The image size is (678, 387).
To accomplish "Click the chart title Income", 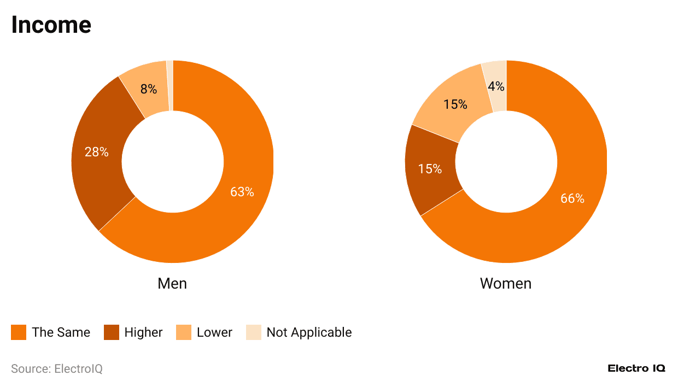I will click(x=51, y=25).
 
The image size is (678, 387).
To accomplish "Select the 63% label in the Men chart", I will click(x=242, y=192).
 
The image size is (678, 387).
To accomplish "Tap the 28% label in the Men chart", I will click(x=96, y=152).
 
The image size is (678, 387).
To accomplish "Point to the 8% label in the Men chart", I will click(x=148, y=89).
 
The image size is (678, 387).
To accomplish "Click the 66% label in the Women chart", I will click(x=572, y=198).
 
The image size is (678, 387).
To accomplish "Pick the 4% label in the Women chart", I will click(x=496, y=86).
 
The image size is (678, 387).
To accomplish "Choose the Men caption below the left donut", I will click(x=172, y=283).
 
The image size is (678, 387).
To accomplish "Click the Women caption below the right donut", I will click(x=505, y=283).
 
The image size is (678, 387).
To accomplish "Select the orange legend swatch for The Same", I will click(x=19, y=332).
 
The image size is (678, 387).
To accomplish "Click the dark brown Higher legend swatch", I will click(x=112, y=332).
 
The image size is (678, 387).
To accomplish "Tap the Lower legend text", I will click(x=214, y=332).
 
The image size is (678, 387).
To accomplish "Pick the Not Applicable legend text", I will click(x=309, y=332).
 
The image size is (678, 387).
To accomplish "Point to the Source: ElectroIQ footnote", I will click(x=57, y=369).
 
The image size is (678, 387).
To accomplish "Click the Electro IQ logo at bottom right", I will click(x=636, y=368).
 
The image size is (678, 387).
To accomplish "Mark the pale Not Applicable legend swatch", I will click(x=254, y=332).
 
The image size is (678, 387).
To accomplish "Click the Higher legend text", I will click(x=143, y=332).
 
